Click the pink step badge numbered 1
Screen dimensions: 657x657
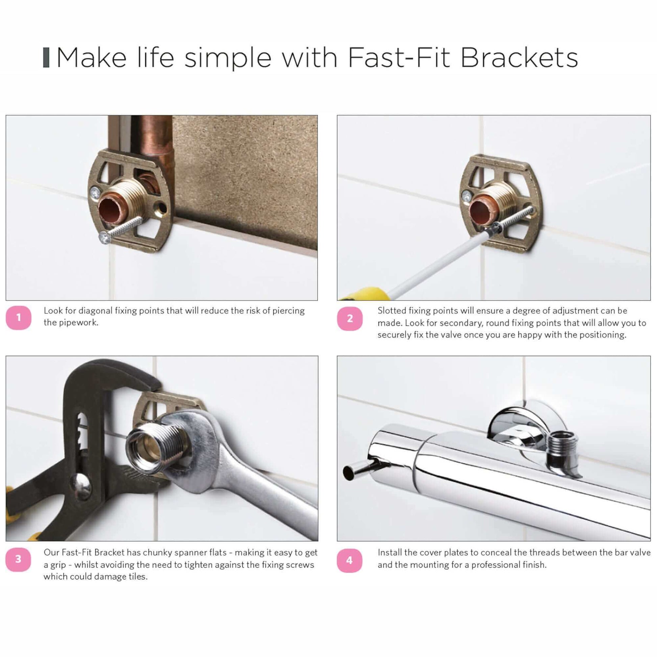click(19, 318)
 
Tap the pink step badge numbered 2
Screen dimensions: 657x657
click(350, 319)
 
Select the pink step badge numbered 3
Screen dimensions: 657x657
click(18, 559)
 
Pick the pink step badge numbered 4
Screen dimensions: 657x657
click(349, 560)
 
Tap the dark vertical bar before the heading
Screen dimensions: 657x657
click(46, 58)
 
